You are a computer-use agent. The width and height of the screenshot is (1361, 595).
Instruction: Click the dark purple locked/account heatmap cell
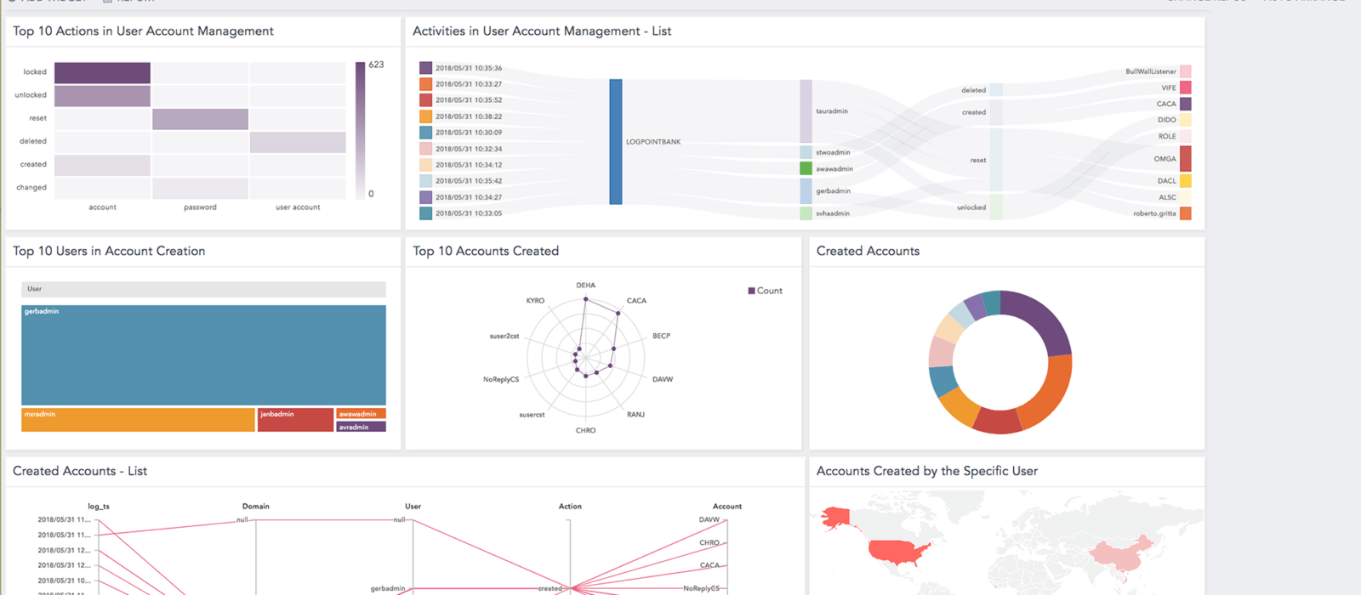point(102,72)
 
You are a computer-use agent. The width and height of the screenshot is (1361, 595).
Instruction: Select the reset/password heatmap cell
point(200,119)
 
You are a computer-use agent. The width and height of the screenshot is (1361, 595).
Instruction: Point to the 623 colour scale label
point(376,65)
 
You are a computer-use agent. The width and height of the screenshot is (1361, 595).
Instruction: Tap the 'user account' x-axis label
point(298,207)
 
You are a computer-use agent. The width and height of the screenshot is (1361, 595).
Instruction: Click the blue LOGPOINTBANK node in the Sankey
point(616,141)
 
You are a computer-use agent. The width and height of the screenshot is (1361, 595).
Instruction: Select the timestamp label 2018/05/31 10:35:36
point(469,68)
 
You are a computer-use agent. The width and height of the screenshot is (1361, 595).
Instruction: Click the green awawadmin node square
point(806,168)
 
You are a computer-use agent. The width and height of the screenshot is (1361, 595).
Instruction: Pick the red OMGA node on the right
point(1185,158)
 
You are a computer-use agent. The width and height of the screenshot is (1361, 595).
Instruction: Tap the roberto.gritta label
point(1154,213)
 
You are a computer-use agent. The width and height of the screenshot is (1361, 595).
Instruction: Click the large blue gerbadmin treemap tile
point(203,354)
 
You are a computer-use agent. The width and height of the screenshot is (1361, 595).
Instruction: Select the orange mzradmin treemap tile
point(138,420)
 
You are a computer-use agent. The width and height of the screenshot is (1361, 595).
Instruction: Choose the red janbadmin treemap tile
point(295,420)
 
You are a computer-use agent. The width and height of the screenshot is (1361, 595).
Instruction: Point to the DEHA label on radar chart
point(585,286)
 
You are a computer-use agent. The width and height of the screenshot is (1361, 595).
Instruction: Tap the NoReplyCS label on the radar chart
point(501,380)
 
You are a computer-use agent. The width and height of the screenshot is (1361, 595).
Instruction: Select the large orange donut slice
point(1048,391)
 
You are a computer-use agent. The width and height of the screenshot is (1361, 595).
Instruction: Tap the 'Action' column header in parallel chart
point(570,507)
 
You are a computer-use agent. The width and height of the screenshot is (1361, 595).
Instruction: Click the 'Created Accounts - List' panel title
point(80,471)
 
